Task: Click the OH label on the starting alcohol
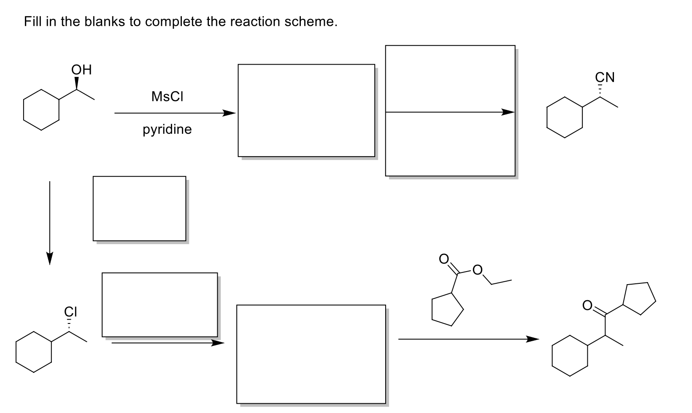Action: click(81, 70)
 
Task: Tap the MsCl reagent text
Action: click(167, 97)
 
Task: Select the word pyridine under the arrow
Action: click(167, 130)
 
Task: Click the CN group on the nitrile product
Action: click(605, 78)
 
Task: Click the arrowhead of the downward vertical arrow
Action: click(50, 258)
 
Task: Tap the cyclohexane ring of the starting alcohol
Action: click(41, 110)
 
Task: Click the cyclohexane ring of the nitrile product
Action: click(565, 117)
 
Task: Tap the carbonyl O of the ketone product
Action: click(587, 305)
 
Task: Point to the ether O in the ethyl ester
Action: click(477, 269)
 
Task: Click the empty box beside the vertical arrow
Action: click(139, 208)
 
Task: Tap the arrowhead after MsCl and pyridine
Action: click(229, 113)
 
